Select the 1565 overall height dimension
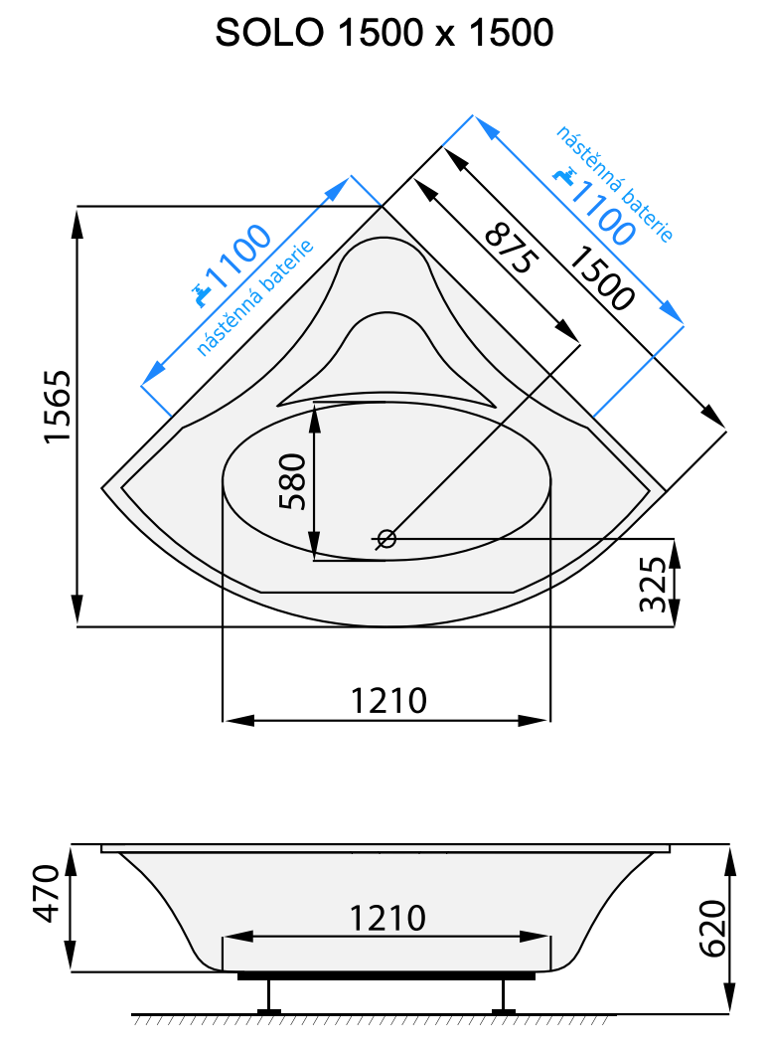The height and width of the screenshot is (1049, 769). pos(57,409)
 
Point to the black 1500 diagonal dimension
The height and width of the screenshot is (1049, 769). pos(600,277)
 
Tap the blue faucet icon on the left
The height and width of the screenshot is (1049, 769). pos(202,292)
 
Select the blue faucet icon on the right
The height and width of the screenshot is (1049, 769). pos(566,175)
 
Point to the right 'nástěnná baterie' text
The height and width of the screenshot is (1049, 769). pos(616,184)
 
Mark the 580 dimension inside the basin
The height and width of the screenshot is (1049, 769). pos(294,482)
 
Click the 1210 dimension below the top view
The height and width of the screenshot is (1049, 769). pos(388,700)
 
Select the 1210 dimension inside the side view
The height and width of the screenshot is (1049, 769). pos(388,917)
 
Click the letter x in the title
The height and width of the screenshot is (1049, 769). pos(443,36)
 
